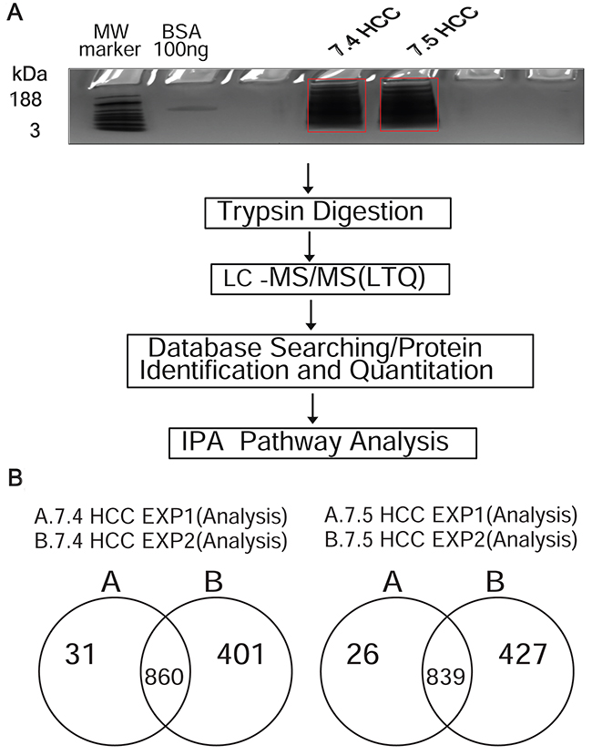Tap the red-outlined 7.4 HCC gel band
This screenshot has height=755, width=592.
(x=336, y=106)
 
